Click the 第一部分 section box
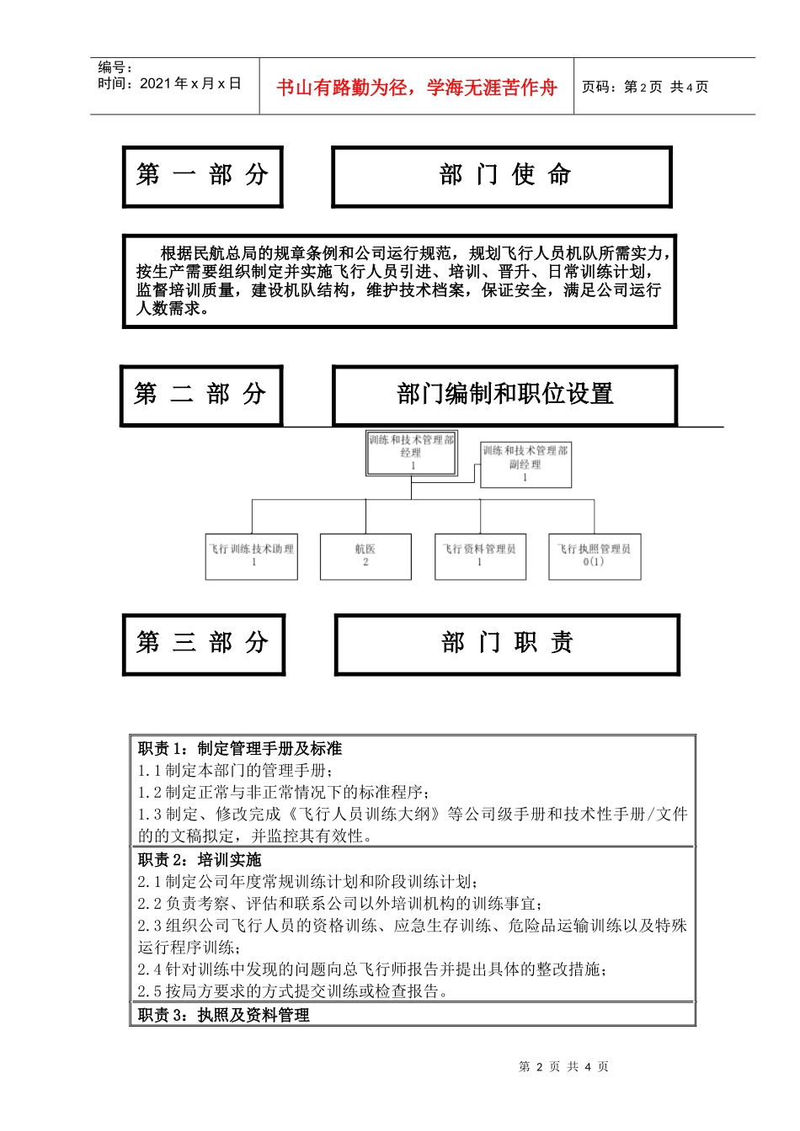202,176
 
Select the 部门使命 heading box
502,176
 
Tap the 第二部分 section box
201,395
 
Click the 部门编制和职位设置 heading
504,395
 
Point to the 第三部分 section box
203,644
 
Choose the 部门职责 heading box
507,644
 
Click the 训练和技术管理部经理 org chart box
412,453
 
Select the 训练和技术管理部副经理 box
525,465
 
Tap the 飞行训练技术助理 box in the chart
252,556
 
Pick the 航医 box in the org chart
365,556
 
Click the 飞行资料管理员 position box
480,556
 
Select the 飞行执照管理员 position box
595,556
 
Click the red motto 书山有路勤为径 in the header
417,88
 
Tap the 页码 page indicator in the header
645,87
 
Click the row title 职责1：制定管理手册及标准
240,748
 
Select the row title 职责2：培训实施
200,859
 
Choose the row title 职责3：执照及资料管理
224,1015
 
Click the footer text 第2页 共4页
563,1066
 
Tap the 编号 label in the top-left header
115,67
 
